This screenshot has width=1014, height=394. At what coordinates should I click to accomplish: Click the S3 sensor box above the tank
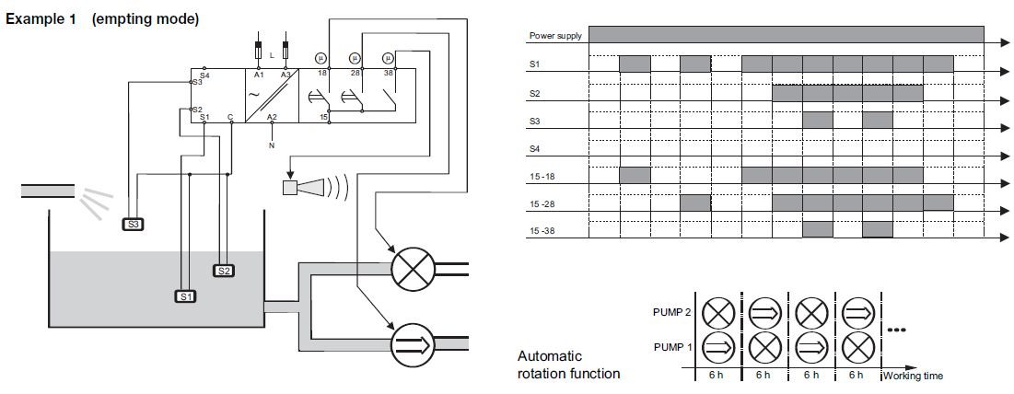(x=134, y=223)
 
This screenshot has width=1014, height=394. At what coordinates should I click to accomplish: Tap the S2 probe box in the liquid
(x=224, y=271)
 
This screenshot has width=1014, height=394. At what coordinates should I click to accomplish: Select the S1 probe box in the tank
(x=185, y=296)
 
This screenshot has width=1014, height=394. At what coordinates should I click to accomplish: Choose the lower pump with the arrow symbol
(x=410, y=343)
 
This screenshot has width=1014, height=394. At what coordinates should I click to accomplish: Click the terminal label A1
(x=259, y=75)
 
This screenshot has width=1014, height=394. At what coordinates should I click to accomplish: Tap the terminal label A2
(x=271, y=118)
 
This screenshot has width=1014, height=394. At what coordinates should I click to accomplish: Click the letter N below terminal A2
(x=271, y=145)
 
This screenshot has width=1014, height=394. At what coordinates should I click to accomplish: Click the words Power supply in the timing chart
(x=551, y=37)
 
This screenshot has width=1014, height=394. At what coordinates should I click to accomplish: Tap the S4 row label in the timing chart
(x=535, y=149)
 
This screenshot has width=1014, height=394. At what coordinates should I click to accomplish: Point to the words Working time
(x=913, y=376)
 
